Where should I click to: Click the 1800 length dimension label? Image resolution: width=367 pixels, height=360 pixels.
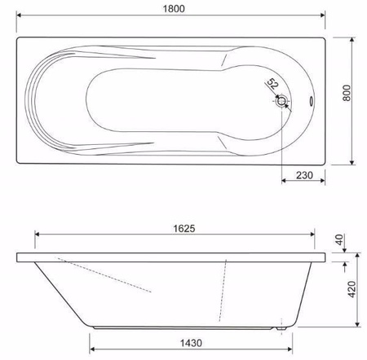pyautogui.click(x=174, y=9)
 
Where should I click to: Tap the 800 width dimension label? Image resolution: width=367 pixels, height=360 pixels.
pyautogui.click(x=347, y=93)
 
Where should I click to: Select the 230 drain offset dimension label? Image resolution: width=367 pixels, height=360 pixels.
pyautogui.click(x=304, y=175)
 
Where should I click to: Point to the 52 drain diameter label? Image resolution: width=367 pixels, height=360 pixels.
pyautogui.click(x=272, y=84)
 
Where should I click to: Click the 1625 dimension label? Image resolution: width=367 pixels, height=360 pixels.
pyautogui.click(x=184, y=229)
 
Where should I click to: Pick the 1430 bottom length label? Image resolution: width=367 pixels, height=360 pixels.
pyautogui.click(x=191, y=343)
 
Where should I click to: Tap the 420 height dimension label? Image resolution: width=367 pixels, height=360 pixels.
pyautogui.click(x=352, y=289)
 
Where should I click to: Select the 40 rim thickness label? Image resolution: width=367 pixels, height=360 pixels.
pyautogui.click(x=339, y=239)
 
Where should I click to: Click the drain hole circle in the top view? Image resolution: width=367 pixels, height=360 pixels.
pyautogui.click(x=281, y=101)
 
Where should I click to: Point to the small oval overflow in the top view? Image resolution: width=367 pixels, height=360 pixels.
pyautogui.click(x=311, y=101)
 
